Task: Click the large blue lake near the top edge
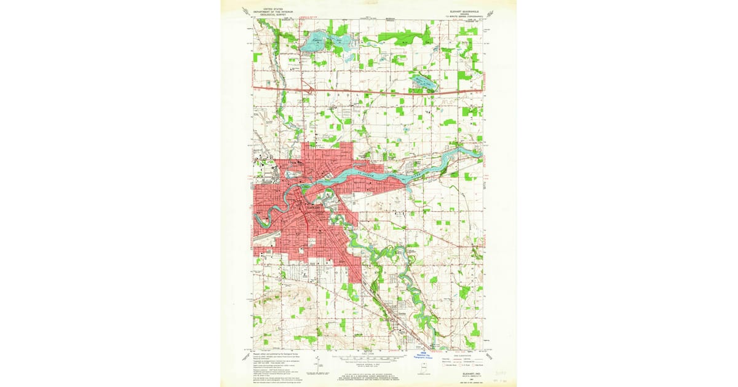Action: tap(325, 43)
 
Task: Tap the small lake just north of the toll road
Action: tap(424, 82)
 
